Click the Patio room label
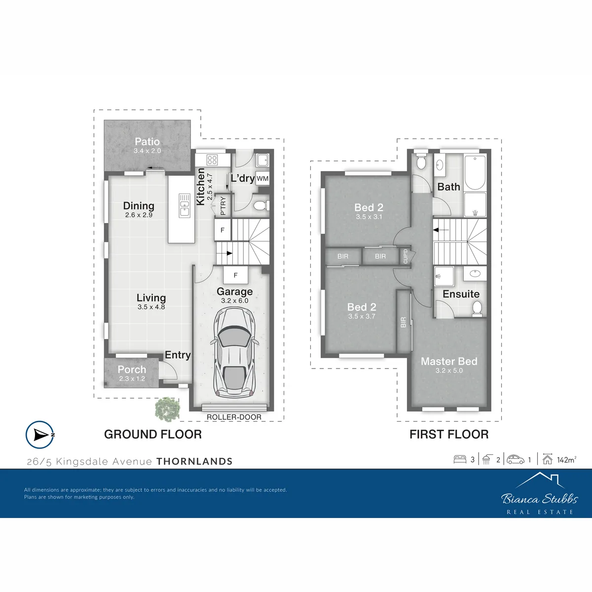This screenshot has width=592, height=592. click(x=147, y=142)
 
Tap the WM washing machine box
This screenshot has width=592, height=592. click(x=262, y=179)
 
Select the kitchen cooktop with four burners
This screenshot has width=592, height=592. click(x=212, y=160)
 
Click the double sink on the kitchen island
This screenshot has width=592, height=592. click(x=185, y=205)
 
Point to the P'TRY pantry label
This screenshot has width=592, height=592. click(x=223, y=206)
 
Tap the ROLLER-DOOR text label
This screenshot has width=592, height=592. click(x=234, y=417)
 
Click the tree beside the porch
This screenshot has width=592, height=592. click(x=167, y=409)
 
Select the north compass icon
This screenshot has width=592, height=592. click(x=40, y=435)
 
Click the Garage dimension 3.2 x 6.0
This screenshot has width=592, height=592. click(x=235, y=301)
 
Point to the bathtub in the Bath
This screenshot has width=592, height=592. click(x=475, y=173)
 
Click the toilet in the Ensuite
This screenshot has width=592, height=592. click(x=477, y=309)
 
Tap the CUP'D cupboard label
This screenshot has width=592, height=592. click(x=406, y=256)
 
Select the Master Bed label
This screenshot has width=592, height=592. click(x=449, y=361)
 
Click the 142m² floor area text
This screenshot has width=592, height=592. click(x=566, y=460)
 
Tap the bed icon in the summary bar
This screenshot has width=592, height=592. click(x=460, y=459)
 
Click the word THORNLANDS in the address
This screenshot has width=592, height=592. click(x=194, y=461)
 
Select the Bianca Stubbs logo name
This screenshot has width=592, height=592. click(x=540, y=499)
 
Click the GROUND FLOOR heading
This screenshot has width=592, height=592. click(x=153, y=435)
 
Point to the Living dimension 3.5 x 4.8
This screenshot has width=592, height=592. click(x=151, y=307)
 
